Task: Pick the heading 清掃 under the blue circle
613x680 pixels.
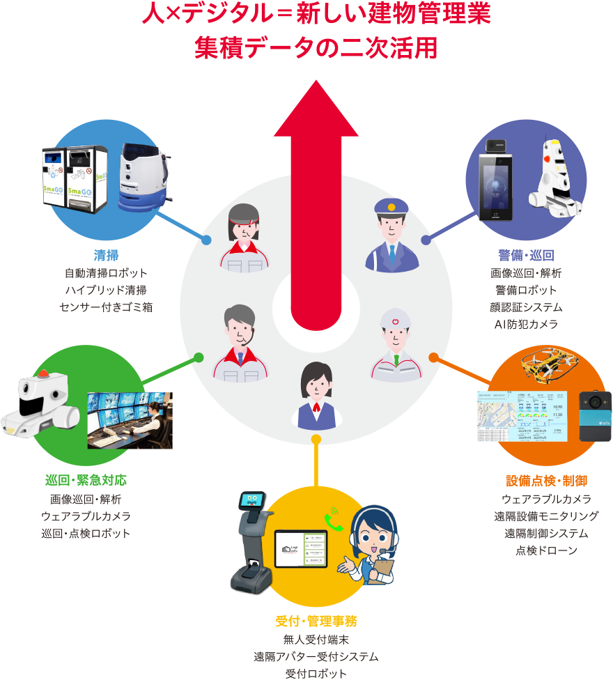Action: click(x=106, y=254)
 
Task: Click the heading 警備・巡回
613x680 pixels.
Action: click(x=526, y=254)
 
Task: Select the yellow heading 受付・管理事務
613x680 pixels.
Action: click(x=316, y=620)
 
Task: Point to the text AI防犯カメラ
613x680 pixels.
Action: click(x=526, y=324)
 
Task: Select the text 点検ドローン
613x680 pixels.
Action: click(x=546, y=551)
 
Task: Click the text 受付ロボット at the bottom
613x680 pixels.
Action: click(x=316, y=673)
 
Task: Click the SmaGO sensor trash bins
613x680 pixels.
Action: click(x=76, y=178)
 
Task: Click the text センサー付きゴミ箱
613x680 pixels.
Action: click(x=106, y=307)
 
